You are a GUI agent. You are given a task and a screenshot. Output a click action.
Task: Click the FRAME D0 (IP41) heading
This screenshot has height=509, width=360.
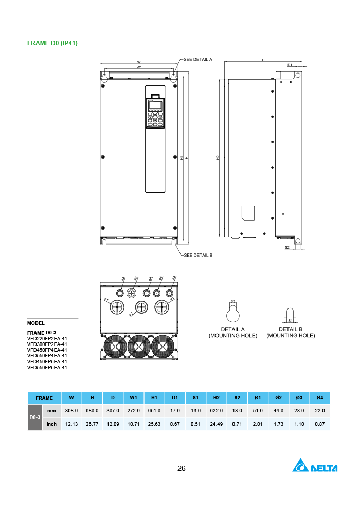tap(52, 43)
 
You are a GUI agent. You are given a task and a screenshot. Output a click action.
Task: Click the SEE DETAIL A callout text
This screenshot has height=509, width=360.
tap(198, 59)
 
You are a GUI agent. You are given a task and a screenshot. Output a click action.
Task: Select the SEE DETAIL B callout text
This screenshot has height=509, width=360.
tap(198, 255)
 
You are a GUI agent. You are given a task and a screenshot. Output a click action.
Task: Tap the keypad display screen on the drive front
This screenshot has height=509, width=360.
tap(155, 106)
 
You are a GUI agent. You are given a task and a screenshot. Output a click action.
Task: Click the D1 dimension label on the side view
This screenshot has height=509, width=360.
tap(290, 65)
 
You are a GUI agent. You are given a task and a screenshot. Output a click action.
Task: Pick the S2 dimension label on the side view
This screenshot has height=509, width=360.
tap(287, 247)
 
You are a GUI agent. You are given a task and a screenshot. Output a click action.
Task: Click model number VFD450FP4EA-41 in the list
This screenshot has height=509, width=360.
tap(47, 350)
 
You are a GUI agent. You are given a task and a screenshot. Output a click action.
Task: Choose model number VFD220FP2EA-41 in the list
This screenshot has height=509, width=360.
tap(47, 339)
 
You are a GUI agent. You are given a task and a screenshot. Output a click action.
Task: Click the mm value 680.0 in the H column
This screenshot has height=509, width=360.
tap(92, 411)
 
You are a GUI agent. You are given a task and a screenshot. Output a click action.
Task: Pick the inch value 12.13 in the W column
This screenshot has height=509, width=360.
tap(71, 424)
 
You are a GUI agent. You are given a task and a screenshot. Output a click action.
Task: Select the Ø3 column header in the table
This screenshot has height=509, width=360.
tap(299, 398)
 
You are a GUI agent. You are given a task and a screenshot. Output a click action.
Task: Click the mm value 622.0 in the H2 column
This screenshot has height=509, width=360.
tap(216, 411)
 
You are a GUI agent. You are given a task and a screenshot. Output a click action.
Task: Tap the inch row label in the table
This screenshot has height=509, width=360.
tap(51, 424)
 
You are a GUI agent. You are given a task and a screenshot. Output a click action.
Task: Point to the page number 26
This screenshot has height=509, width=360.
tap(181, 468)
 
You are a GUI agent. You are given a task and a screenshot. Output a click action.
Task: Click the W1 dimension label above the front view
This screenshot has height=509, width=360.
tap(139, 67)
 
